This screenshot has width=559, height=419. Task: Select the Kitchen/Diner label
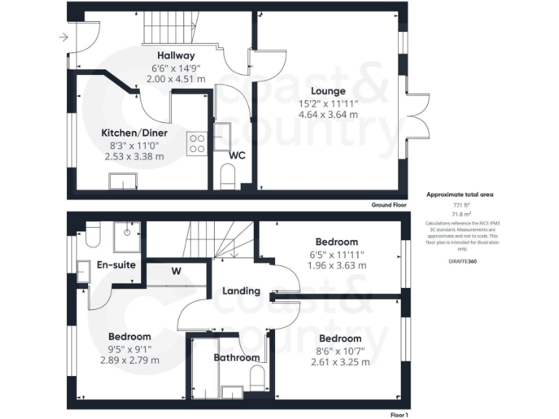pyautogui.click(x=134, y=133)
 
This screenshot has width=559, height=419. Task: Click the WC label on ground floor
pyautogui.click(x=237, y=155)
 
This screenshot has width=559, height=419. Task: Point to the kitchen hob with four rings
pyautogui.click(x=197, y=143)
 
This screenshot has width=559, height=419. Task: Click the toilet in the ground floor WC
pyautogui.click(x=228, y=176)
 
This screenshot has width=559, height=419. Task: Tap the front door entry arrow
pyautogui.click(x=64, y=37)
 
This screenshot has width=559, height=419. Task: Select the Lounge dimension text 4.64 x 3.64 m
pyautogui.click(x=328, y=114)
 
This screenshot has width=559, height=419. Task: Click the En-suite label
pyautogui.click(x=116, y=265)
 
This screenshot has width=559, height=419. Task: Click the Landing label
pyautogui.click(x=241, y=291)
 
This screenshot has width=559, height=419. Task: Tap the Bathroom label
pyautogui.click(x=237, y=357)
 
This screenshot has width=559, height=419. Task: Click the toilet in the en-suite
pyautogui.click(x=92, y=236)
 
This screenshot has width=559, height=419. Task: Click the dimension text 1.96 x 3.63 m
pyautogui.click(x=336, y=266)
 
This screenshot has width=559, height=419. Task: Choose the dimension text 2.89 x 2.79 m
pyautogui.click(x=130, y=360)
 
